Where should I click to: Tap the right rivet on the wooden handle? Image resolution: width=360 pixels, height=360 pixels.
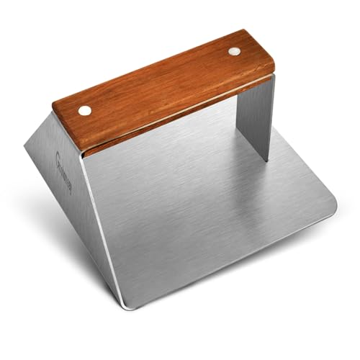[235, 51]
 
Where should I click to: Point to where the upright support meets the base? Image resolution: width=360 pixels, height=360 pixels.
[264, 158]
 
